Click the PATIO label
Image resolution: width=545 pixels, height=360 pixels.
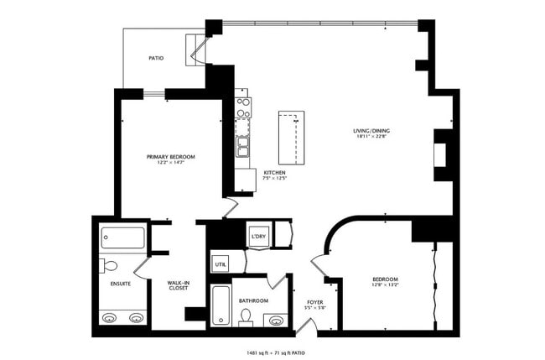pos(156,59)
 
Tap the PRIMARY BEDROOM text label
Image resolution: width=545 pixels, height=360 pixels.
pos(170,157)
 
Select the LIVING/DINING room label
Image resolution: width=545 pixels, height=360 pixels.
pos(371,131)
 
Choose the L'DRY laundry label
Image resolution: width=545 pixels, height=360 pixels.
pos(258,237)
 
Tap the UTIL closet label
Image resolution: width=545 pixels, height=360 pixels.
pos(221,264)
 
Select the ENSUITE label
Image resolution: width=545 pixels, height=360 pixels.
pos(120,284)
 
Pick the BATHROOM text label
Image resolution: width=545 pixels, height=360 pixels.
pos(253,300)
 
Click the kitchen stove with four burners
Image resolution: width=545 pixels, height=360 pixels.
pos(243,107)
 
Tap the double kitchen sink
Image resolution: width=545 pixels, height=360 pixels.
pos(243,149)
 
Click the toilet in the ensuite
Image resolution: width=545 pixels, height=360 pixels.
pos(110,266)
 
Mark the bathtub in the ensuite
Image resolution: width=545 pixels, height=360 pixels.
pos(122,237)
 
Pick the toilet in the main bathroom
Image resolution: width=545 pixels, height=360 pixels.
pos(247,316)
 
